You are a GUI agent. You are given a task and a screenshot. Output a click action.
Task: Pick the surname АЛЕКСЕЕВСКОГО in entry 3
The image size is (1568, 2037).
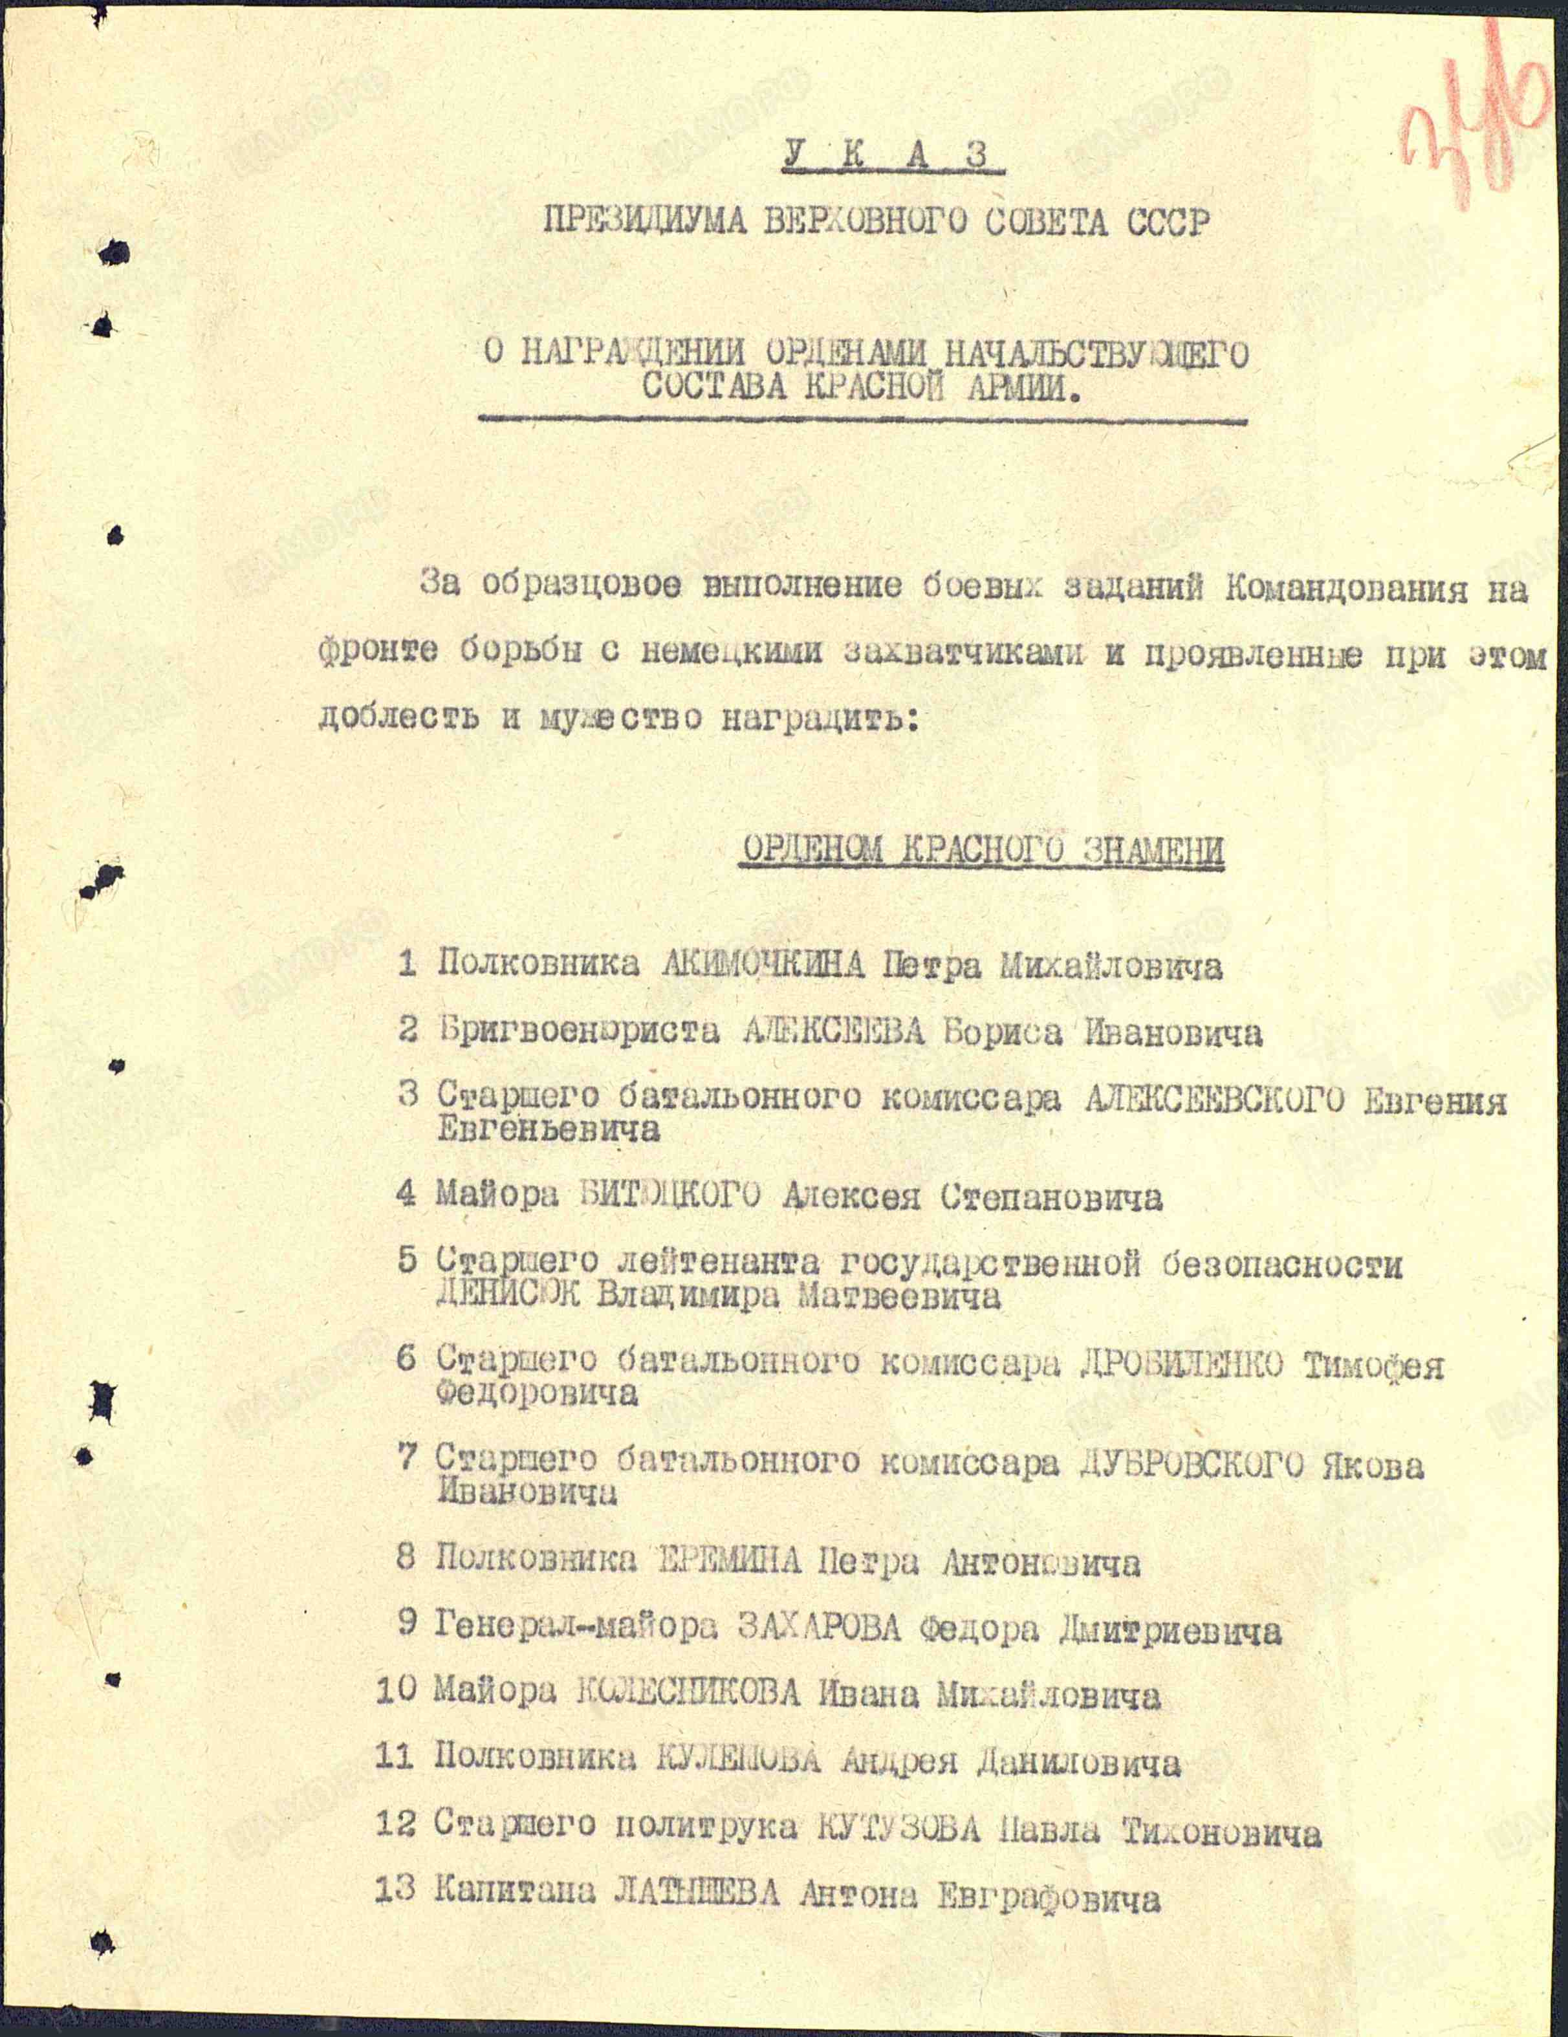[x=1214, y=1100]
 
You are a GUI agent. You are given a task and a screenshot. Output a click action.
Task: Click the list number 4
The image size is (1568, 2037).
[x=406, y=1195]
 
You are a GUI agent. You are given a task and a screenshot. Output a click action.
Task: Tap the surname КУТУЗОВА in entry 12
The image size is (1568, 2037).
[x=898, y=1827]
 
